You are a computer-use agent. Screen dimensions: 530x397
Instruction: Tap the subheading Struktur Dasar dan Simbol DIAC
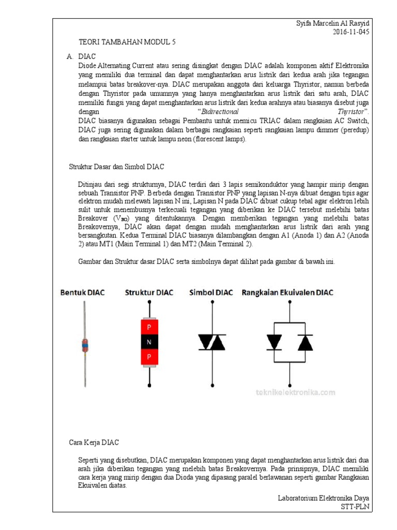pos(117,167)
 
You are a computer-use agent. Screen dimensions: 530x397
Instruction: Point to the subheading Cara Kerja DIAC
pos(94,443)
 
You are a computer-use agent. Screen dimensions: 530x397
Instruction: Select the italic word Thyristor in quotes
pos(352,111)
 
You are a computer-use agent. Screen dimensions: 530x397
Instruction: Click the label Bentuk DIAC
pos(83,292)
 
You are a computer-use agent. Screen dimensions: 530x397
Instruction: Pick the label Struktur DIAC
pos(149,292)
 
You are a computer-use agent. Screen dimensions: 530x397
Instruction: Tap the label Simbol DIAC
pos(211,292)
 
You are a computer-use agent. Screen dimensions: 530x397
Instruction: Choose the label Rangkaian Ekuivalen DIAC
pos(287,292)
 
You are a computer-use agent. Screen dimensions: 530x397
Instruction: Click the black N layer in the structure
pos(149,342)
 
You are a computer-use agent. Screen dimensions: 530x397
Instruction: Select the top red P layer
pos(149,327)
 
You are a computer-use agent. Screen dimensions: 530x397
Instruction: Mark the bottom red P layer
pos(149,357)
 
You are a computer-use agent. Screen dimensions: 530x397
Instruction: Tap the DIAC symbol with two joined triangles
pos(212,342)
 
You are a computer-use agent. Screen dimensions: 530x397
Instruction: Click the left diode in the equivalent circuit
pos(273,342)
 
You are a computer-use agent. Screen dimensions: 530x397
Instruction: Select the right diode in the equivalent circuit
pos(306,342)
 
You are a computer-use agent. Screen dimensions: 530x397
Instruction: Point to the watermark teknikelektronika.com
pos(295,392)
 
